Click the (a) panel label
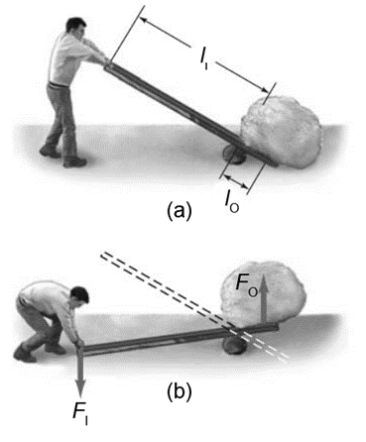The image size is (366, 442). (x=180, y=210)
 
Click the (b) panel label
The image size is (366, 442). (x=180, y=391)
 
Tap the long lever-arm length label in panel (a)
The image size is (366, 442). (x=204, y=57)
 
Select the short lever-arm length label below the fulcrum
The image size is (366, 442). (x=232, y=202)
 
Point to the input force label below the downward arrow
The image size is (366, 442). (x=81, y=414)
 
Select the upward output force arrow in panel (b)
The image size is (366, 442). (x=264, y=298)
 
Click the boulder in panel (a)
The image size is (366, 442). (x=281, y=132)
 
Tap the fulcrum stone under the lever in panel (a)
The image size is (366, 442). (x=234, y=154)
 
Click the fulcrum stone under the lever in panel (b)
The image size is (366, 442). (x=235, y=346)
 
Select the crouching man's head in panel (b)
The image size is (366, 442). (x=80, y=296)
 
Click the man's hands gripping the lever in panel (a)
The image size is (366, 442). (x=101, y=61)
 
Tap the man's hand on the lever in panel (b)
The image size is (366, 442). (x=79, y=342)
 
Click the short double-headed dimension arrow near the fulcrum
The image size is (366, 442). (x=236, y=182)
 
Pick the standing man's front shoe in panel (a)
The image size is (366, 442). (x=75, y=162)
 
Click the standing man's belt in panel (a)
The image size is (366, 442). (x=59, y=84)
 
